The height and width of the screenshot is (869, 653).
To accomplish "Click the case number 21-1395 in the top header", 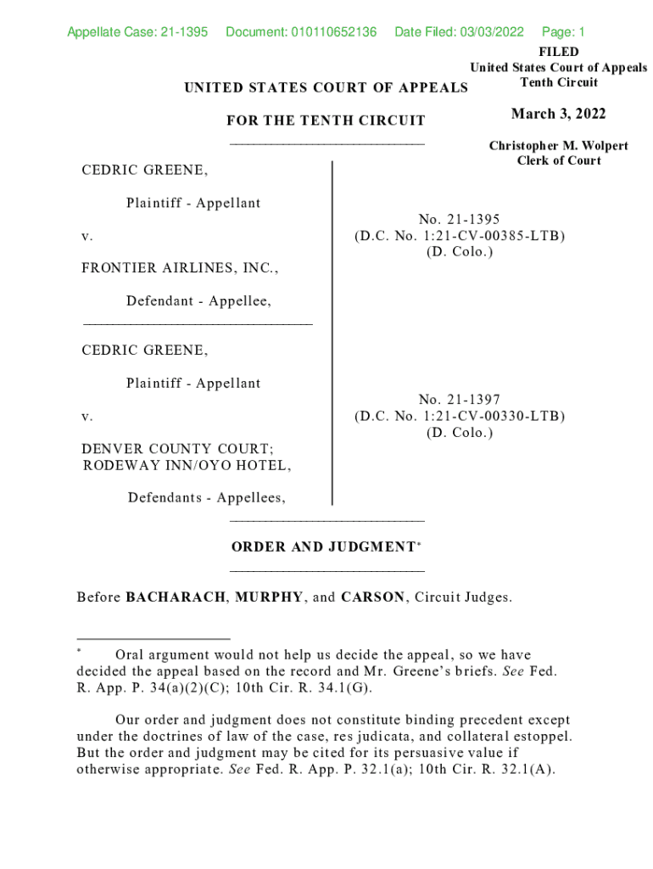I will (183, 32).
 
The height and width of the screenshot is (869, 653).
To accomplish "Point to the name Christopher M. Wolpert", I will (558, 146).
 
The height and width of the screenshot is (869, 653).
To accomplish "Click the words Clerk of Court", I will (559, 161).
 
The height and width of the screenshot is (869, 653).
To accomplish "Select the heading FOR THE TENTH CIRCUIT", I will (326, 121).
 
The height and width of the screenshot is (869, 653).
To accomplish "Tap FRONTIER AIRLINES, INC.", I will (180, 268).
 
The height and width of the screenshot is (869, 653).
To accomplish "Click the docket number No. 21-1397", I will (459, 400).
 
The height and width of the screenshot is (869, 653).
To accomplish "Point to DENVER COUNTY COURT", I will (177, 449).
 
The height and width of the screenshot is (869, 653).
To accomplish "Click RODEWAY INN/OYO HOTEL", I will (187, 465).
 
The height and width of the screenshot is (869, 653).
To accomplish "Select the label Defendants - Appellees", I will (206, 498).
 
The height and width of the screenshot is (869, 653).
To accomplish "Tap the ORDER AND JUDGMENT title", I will (323, 547).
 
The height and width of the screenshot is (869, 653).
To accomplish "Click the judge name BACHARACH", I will (176, 597).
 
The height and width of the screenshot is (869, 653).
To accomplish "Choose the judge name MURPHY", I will (269, 597).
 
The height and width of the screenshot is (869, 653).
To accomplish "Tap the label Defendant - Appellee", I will (199, 301).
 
